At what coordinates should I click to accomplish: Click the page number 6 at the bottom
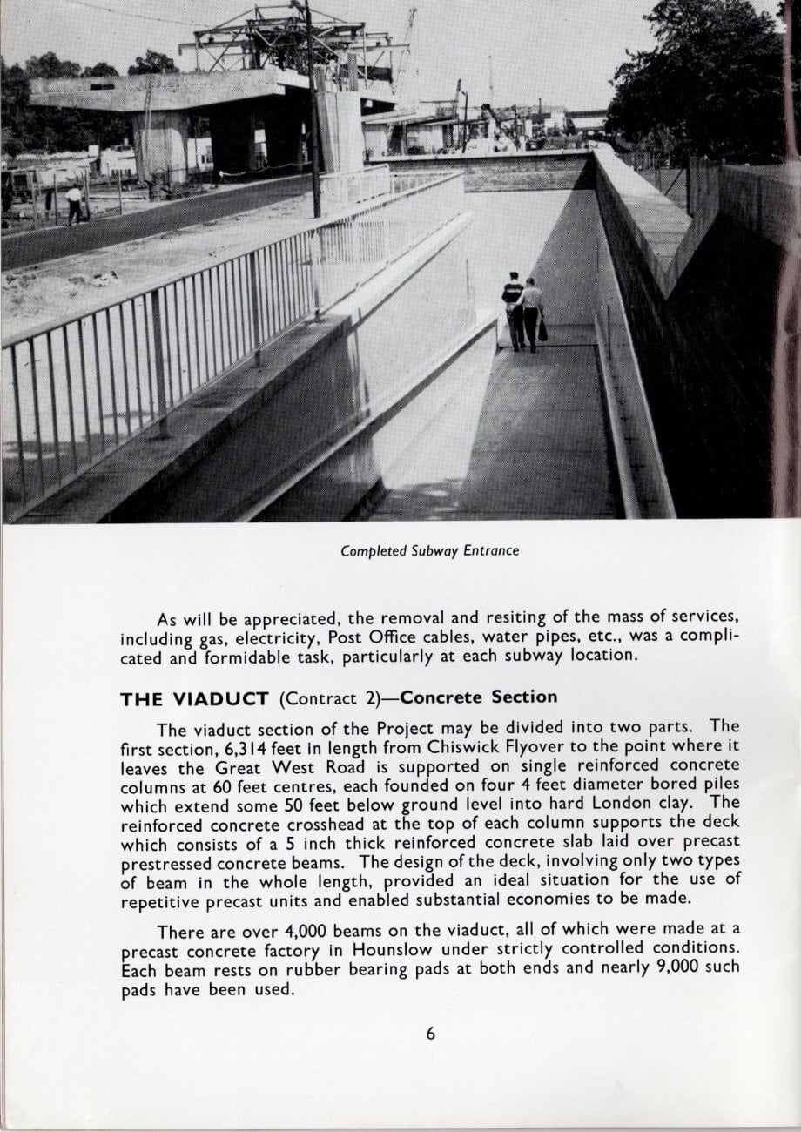(430, 1034)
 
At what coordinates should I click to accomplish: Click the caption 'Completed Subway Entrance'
(429, 550)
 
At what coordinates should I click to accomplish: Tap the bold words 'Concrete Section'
(479, 697)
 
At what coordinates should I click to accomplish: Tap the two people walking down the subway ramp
(522, 312)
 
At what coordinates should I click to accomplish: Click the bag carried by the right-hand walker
(543, 330)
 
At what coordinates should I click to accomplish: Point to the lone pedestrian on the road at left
(75, 205)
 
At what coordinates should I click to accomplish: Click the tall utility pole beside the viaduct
(312, 113)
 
